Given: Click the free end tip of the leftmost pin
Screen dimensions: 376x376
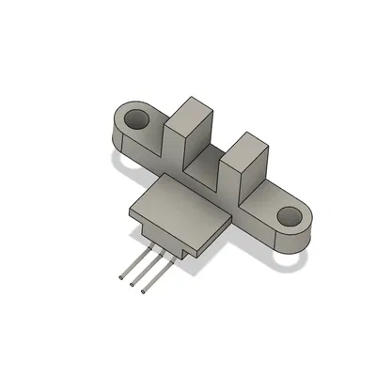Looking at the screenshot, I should point(122,278).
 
